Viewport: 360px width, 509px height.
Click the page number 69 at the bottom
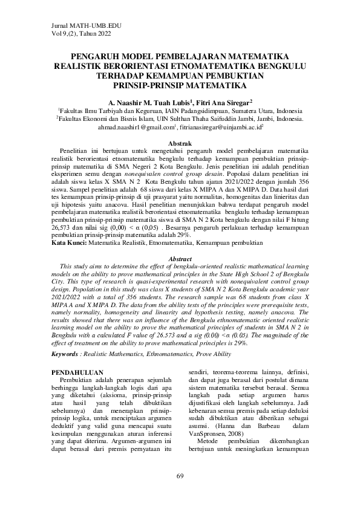pos(180,477)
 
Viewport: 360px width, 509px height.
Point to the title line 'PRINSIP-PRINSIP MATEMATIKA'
pos(180,85)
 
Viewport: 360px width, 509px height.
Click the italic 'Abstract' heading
pos(180,258)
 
